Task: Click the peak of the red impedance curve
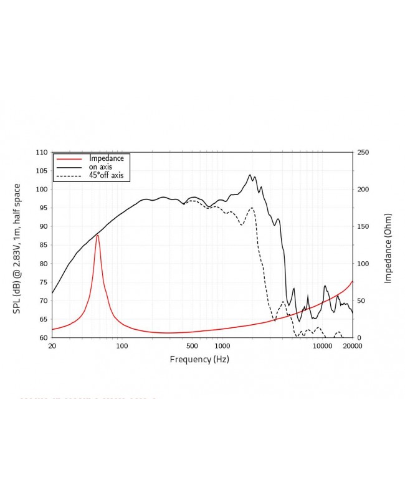[x=97, y=235]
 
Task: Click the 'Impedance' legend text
[x=107, y=158]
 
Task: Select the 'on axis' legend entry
[x=102, y=167]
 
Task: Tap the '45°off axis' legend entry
[x=106, y=176]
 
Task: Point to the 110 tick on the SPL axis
[x=41, y=152]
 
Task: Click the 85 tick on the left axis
[x=43, y=245]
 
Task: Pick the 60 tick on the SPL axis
[x=43, y=338]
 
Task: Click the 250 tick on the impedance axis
[x=363, y=152]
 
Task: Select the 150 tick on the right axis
[x=363, y=226]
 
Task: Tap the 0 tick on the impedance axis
[x=358, y=338]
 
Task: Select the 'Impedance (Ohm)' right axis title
[x=388, y=245]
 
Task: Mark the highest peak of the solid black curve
[x=250, y=175]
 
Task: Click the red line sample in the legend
[x=69, y=159]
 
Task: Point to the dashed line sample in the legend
[x=69, y=176]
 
